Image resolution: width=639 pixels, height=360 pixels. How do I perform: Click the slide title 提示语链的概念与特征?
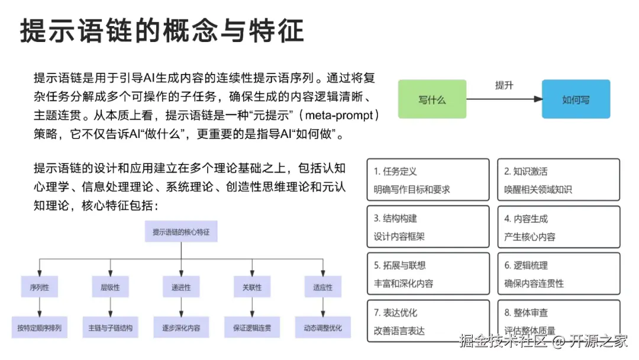tap(162, 30)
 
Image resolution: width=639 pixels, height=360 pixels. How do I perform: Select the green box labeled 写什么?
tap(432, 99)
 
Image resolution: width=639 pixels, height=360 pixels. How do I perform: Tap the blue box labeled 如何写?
tap(576, 99)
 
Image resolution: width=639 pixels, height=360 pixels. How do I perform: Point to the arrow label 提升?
tap(504, 85)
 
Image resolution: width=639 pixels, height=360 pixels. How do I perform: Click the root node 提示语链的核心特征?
tap(181, 232)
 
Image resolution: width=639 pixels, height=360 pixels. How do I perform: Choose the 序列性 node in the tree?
tap(39, 287)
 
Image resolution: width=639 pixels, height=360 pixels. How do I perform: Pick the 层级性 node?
tap(110, 287)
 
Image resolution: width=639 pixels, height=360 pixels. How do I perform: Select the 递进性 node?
tap(181, 287)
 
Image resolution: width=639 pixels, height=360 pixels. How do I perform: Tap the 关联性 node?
tap(251, 287)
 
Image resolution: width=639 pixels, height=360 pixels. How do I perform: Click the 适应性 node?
tap(322, 287)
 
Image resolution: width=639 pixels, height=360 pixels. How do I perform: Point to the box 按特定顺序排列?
tap(39, 327)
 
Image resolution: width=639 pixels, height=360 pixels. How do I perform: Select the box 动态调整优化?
tap(322, 327)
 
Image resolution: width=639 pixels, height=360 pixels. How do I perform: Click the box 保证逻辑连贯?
tap(251, 327)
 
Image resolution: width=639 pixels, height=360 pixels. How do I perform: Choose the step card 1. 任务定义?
tap(428, 180)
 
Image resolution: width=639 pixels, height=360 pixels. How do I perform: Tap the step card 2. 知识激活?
tap(559, 180)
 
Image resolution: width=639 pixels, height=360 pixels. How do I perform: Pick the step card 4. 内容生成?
tap(559, 227)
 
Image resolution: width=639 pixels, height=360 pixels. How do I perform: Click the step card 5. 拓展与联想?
tap(428, 274)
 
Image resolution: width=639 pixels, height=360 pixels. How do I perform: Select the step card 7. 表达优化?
tap(428, 321)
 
